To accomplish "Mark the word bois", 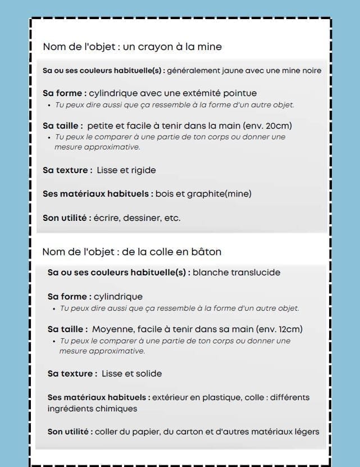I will click(x=164, y=194).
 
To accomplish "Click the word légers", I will click(x=307, y=432).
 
